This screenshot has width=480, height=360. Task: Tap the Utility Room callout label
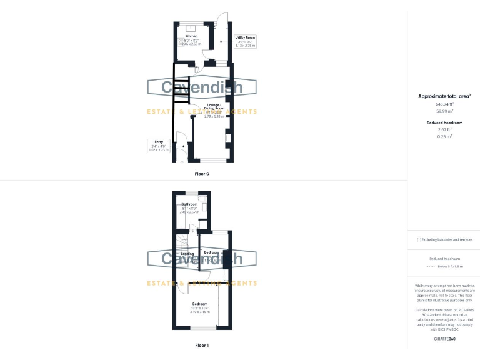(245, 37)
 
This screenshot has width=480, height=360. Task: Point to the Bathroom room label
(189, 204)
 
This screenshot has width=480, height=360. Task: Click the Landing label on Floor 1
(187, 254)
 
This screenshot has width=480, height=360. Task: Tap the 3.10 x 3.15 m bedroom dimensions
(201, 311)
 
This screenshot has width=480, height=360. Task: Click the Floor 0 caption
(202, 173)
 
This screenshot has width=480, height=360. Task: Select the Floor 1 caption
(202, 345)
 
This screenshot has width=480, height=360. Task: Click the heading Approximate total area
(444, 96)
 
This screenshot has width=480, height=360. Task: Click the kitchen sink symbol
(190, 27)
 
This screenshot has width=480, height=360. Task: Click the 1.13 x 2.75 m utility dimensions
(245, 46)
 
